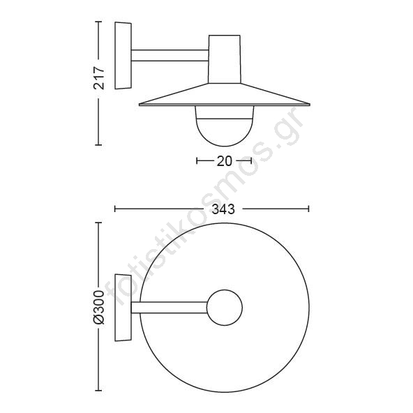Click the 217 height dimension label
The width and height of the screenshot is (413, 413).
[99, 78]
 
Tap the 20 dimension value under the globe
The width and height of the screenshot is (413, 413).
[224, 161]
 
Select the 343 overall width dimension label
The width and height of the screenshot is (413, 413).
[223, 209]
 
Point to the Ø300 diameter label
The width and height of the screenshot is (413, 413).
[99, 307]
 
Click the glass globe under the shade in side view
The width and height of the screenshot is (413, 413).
[225, 126]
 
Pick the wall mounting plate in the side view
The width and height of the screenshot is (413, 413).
[123, 56]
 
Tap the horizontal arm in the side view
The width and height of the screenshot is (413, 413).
[170, 55]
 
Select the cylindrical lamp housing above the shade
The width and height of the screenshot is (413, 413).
[225, 59]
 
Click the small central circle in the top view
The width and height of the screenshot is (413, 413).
[225, 308]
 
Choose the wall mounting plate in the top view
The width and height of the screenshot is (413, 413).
[123, 308]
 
